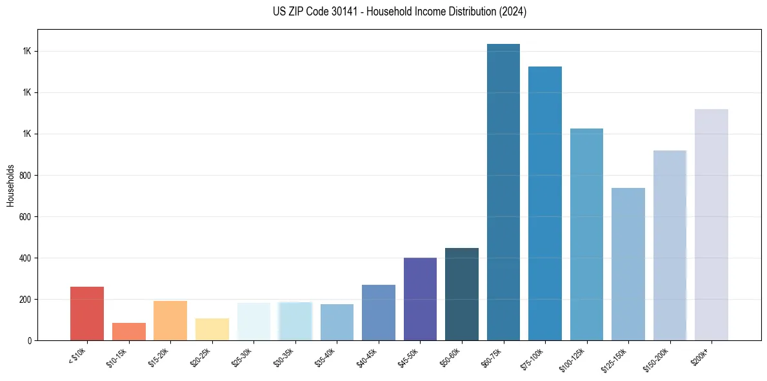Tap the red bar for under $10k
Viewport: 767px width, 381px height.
87,314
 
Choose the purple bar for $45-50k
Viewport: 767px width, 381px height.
421,299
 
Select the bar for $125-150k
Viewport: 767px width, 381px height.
628,264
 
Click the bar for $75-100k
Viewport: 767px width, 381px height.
545,203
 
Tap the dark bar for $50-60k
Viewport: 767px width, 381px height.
462,294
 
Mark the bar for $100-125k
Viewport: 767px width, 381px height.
586,234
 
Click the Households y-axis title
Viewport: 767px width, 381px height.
10,185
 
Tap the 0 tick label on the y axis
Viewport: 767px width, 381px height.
28,340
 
